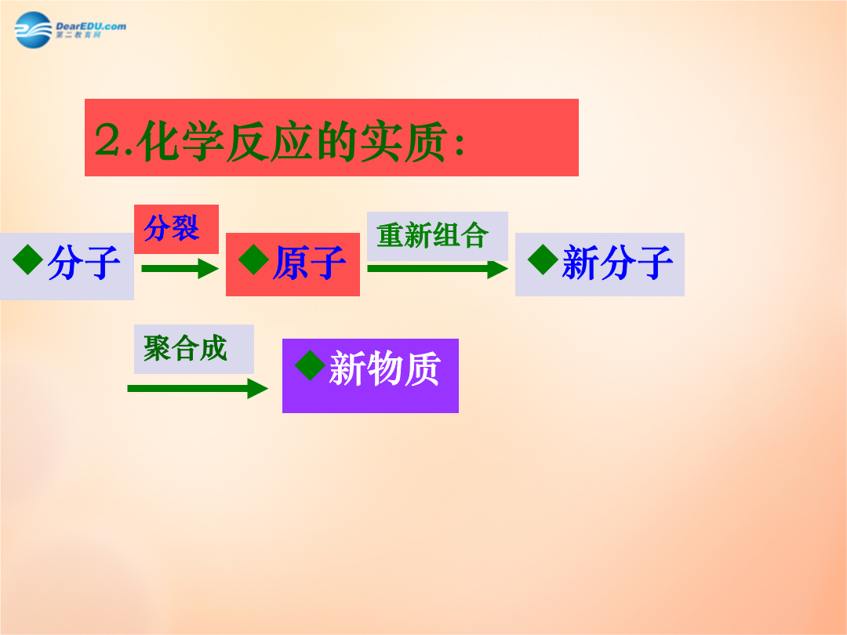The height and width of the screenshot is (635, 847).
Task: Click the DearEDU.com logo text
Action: [x=91, y=27]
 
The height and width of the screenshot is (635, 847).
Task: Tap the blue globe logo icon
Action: [x=34, y=31]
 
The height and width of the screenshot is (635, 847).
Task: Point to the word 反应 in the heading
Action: [x=269, y=141]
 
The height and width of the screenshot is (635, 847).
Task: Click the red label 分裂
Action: [x=171, y=228]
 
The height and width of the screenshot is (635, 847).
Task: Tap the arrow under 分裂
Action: [x=180, y=268]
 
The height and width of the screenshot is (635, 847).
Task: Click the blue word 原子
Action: [x=310, y=263]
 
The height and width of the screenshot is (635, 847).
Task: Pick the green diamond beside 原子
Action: [x=254, y=259]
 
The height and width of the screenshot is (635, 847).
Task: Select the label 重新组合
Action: [x=433, y=235]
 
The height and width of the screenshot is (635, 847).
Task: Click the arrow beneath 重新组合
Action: [x=438, y=268]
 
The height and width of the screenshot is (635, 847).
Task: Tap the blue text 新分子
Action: [x=617, y=263]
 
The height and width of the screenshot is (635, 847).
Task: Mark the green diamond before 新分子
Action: [x=543, y=259]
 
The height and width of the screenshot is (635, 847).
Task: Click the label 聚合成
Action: [x=185, y=348]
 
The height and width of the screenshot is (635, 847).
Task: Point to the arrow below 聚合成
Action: [x=198, y=388]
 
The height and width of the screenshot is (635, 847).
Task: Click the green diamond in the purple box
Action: [x=310, y=365]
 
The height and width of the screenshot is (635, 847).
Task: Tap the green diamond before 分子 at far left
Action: [x=28, y=259]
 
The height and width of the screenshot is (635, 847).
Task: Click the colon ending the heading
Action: [x=460, y=144]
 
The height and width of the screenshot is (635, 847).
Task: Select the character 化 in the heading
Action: [x=158, y=141]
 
